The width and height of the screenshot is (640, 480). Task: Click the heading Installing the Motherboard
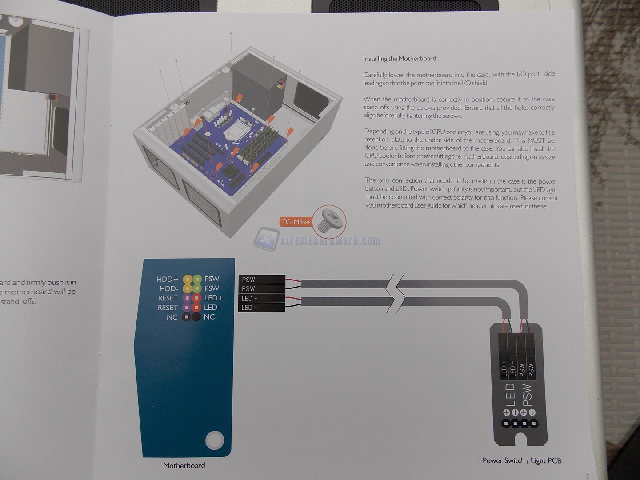click(400, 59)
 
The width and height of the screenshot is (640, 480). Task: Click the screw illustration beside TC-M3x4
click(329, 221)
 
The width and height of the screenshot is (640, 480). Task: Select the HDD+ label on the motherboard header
click(167, 279)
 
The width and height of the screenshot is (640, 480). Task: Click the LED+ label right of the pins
click(214, 298)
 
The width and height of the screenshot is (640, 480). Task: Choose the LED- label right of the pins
click(212, 307)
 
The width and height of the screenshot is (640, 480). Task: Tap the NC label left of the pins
click(172, 317)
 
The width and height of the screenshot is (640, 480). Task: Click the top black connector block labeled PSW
click(262, 280)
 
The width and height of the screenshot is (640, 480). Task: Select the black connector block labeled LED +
click(262, 298)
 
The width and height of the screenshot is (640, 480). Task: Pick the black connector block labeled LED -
click(262, 308)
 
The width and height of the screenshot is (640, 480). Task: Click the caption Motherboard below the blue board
click(184, 465)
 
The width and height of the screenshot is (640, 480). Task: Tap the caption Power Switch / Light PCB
click(522, 460)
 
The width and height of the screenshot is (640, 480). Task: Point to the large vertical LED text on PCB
click(510, 395)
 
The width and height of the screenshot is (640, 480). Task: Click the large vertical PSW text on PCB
click(527, 395)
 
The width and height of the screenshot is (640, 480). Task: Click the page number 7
click(587, 476)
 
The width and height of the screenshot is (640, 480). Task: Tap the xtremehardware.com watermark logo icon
click(266, 239)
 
